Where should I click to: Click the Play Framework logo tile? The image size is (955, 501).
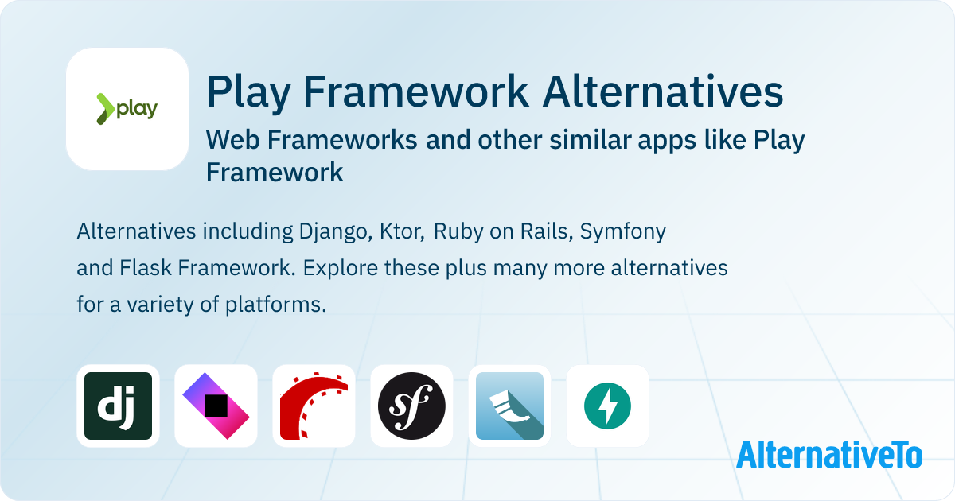coord(127,109)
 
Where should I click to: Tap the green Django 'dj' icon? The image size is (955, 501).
coord(118,406)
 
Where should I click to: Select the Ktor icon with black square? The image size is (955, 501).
coord(216,406)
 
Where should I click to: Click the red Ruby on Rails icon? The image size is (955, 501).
coord(314,406)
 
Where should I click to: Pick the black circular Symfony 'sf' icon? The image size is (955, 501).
coord(411,406)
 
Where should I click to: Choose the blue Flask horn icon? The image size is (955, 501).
coord(509,406)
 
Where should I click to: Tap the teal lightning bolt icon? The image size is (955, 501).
coord(607,406)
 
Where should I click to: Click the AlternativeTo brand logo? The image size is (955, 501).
coord(828,455)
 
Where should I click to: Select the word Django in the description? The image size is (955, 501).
coord(330,232)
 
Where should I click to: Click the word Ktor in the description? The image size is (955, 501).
coord(399,232)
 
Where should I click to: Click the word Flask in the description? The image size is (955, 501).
coord(146,268)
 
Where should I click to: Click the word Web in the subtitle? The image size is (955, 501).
coord(232,140)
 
